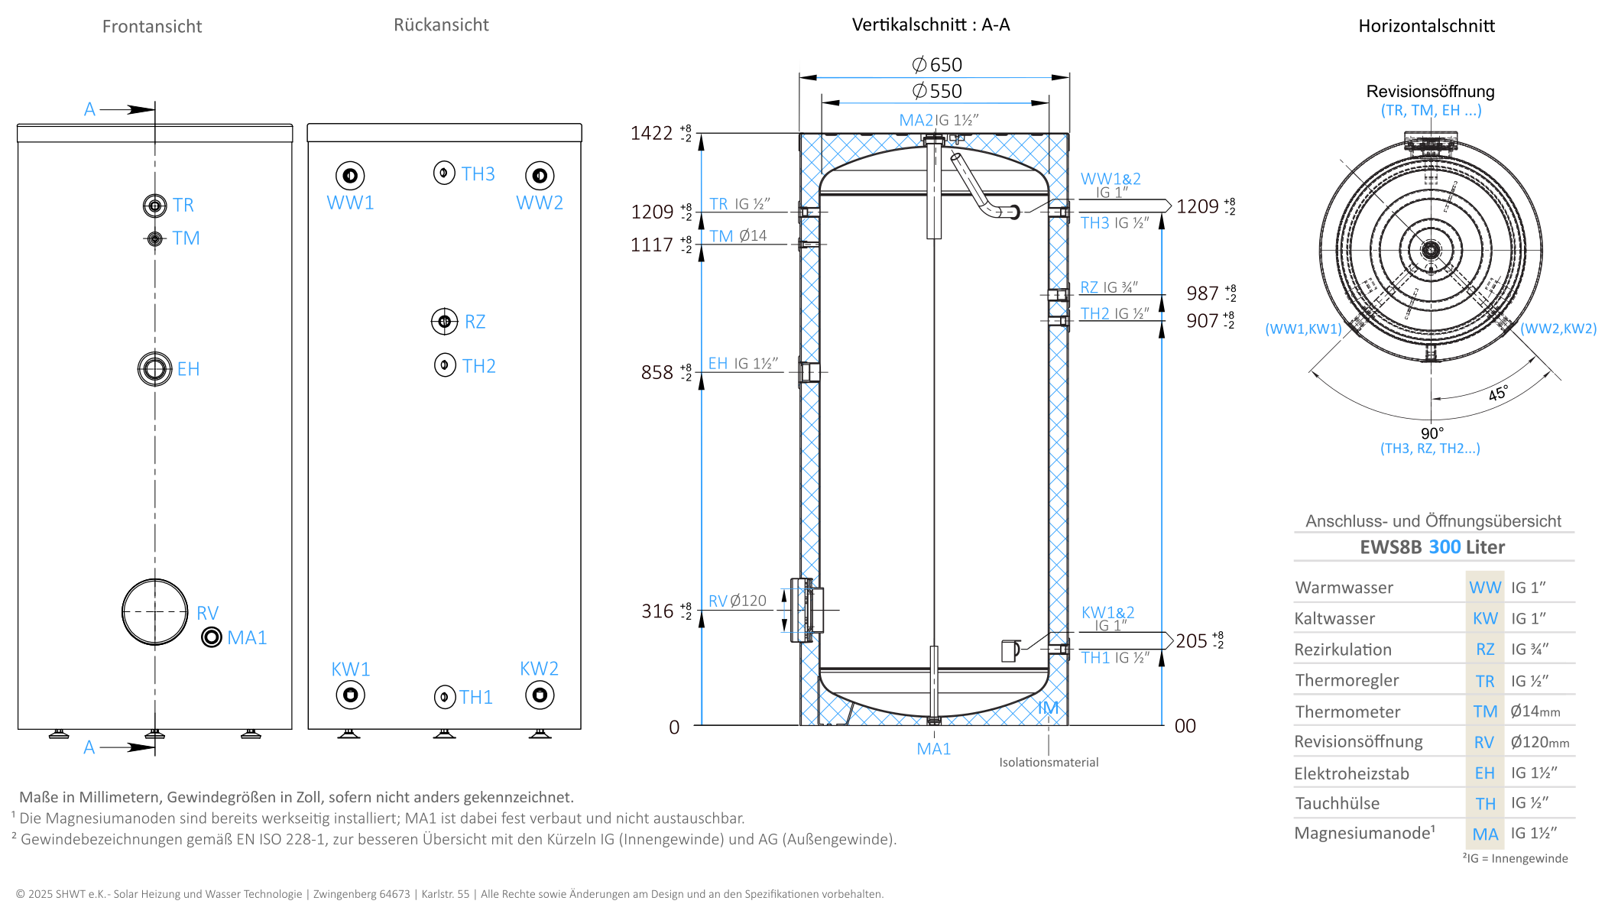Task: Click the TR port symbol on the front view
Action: coord(155,206)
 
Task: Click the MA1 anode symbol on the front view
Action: coord(212,637)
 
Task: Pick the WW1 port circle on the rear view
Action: coord(350,176)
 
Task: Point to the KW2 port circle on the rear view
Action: coord(540,695)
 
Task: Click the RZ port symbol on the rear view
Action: coord(445,322)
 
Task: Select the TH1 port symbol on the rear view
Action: coord(445,697)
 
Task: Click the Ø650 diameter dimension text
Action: coord(937,65)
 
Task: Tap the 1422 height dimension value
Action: coord(651,134)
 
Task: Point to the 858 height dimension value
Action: coord(657,373)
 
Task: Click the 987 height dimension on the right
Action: coord(1202,293)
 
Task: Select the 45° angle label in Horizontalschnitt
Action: coord(1498,394)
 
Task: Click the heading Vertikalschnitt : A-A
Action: coord(931,25)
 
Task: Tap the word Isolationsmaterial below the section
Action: coord(1049,763)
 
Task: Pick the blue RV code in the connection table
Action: coord(1484,742)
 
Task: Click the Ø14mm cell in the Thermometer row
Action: coord(1535,711)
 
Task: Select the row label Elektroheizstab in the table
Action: coord(1351,773)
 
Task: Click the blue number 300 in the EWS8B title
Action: coord(1445,547)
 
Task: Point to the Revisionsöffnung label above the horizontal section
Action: coord(1431,92)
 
